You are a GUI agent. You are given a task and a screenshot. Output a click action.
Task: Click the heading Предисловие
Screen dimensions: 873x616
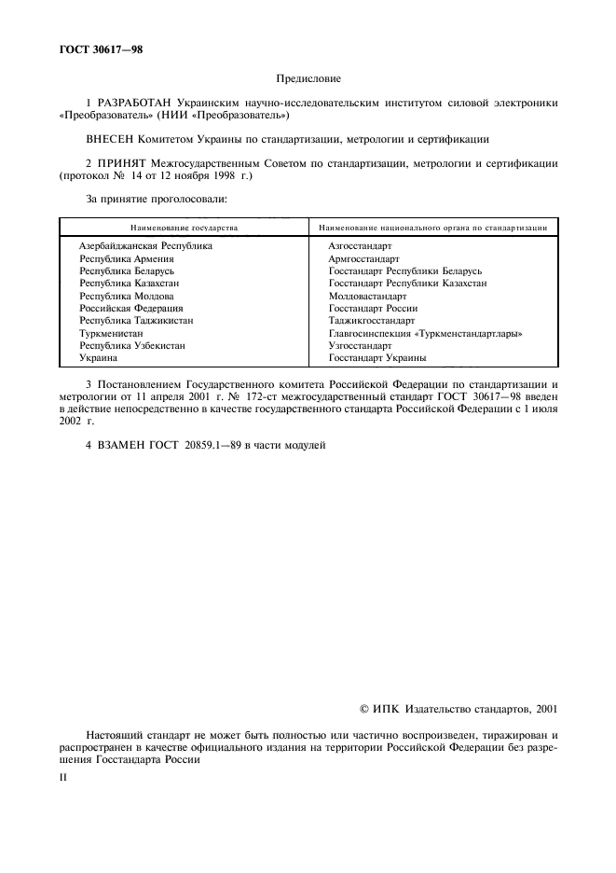click(x=308, y=80)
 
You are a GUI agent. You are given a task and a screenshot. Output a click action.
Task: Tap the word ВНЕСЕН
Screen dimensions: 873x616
click(x=112, y=140)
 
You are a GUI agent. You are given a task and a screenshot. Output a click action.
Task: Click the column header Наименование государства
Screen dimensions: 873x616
click(x=184, y=228)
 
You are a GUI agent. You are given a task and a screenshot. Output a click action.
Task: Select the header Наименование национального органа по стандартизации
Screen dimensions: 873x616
click(x=431, y=228)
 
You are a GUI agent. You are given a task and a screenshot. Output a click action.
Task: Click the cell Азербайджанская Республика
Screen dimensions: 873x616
click(x=145, y=246)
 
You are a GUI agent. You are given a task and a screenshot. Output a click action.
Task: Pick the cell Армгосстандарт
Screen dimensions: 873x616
click(x=363, y=258)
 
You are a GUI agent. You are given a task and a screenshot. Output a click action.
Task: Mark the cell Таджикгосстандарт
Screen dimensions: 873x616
click(x=371, y=320)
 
